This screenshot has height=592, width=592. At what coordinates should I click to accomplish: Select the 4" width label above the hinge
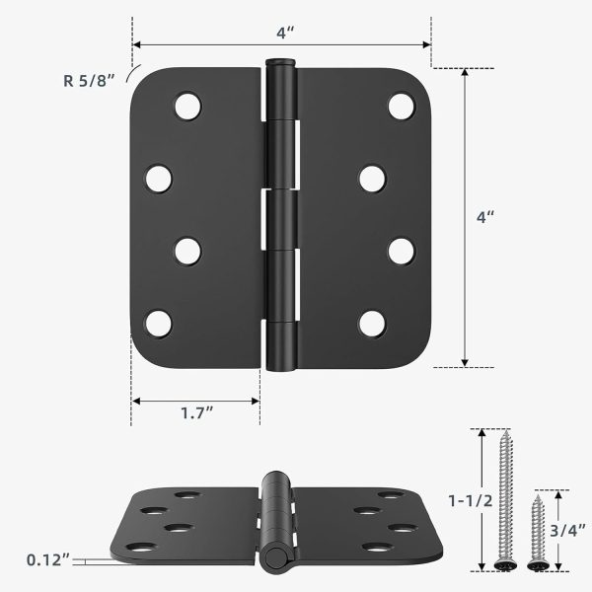click(285, 33)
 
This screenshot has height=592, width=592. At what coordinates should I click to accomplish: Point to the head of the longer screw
click(503, 565)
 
